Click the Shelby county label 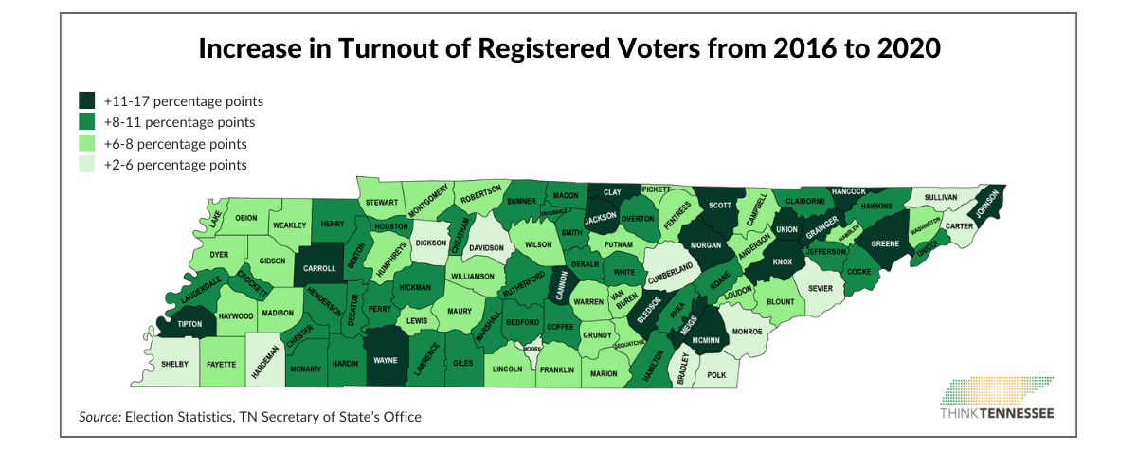coord(175,364)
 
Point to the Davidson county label coord(487,248)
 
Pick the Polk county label coord(716,375)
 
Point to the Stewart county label coord(382,202)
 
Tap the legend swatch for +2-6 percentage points coord(86,165)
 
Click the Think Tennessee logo coord(996,399)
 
